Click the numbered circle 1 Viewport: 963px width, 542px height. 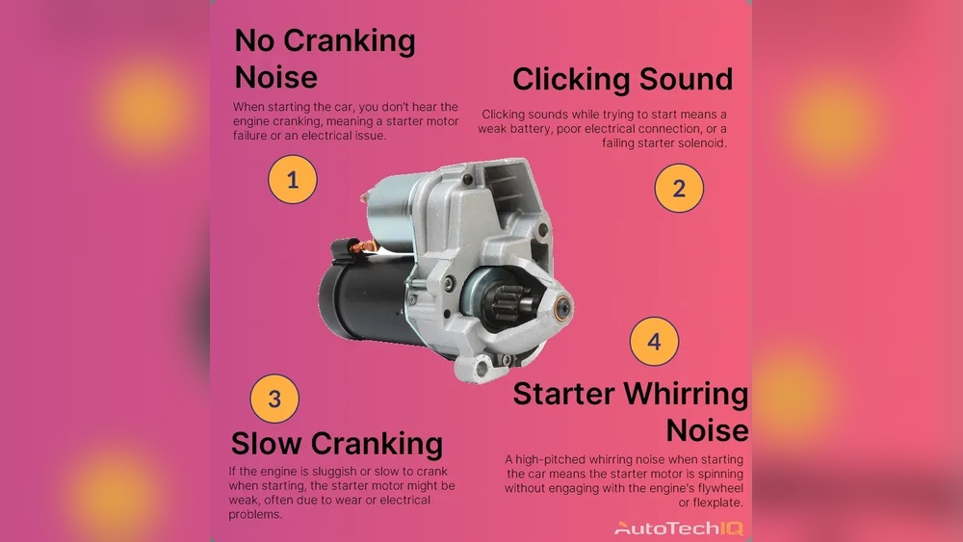[292, 179]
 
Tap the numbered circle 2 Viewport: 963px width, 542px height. [679, 188]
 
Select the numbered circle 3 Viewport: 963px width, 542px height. [274, 398]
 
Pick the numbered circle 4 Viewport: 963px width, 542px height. [654, 342]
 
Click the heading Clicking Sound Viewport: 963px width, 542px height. [622, 79]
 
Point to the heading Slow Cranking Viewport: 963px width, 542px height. [336, 443]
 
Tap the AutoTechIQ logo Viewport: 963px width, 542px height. [679, 528]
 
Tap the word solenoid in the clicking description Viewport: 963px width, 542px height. [699, 143]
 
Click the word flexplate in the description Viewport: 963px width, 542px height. [711, 503]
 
